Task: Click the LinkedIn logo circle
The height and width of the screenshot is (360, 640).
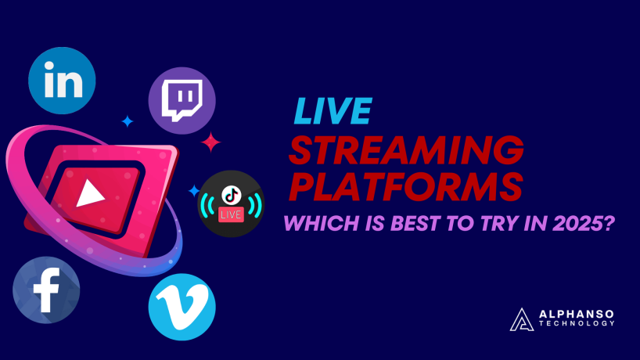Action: [62, 81]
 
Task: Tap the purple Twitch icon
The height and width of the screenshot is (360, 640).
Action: [182, 100]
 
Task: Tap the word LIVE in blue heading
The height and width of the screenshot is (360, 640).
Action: [329, 112]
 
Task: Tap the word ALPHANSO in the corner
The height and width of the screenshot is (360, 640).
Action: [577, 313]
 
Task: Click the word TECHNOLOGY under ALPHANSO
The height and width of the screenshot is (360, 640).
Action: [577, 323]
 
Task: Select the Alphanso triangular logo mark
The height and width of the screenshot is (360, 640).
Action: [520, 318]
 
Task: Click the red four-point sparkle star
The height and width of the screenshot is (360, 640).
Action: [210, 142]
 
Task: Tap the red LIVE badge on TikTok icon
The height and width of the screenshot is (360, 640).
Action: [230, 213]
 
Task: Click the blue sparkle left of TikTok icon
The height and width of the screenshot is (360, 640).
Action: [193, 190]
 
